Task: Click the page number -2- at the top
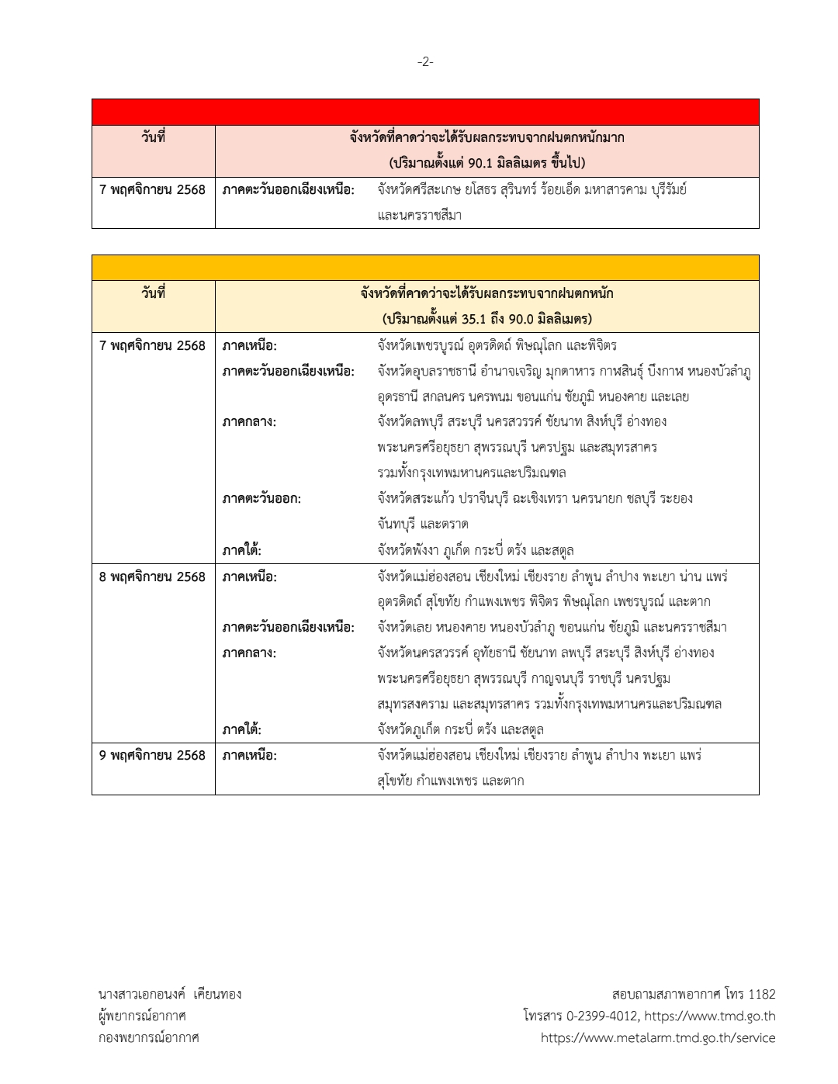[x=425, y=62]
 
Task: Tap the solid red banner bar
[x=425, y=112]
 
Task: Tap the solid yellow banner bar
[x=425, y=268]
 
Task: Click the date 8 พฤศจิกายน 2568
[x=152, y=577]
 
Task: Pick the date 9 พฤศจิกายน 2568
[x=152, y=755]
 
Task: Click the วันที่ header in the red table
[x=153, y=137]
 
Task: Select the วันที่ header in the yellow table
[x=153, y=293]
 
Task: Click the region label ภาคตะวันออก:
[x=261, y=499]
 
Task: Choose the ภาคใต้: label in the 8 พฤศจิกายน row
[x=241, y=729]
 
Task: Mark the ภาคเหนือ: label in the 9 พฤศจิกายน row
[x=249, y=755]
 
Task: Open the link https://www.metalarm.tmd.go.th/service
[x=658, y=1037]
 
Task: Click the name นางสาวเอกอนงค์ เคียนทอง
[x=170, y=994]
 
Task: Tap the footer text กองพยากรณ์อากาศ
[x=148, y=1037]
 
